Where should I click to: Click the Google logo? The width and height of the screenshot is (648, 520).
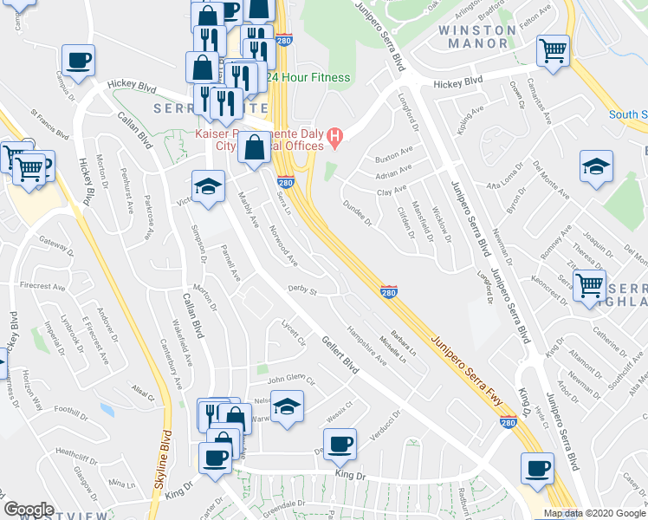point(29,510)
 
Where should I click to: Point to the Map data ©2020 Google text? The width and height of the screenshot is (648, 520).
point(595,513)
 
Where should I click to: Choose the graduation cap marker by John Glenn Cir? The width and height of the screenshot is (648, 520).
point(287,406)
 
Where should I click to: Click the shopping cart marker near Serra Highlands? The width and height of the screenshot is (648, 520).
point(589,284)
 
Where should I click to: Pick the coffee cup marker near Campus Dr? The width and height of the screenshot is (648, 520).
point(78,62)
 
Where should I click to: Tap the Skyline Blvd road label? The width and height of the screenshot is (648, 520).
point(161,459)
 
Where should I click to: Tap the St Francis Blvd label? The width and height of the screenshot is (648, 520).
point(49,122)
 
